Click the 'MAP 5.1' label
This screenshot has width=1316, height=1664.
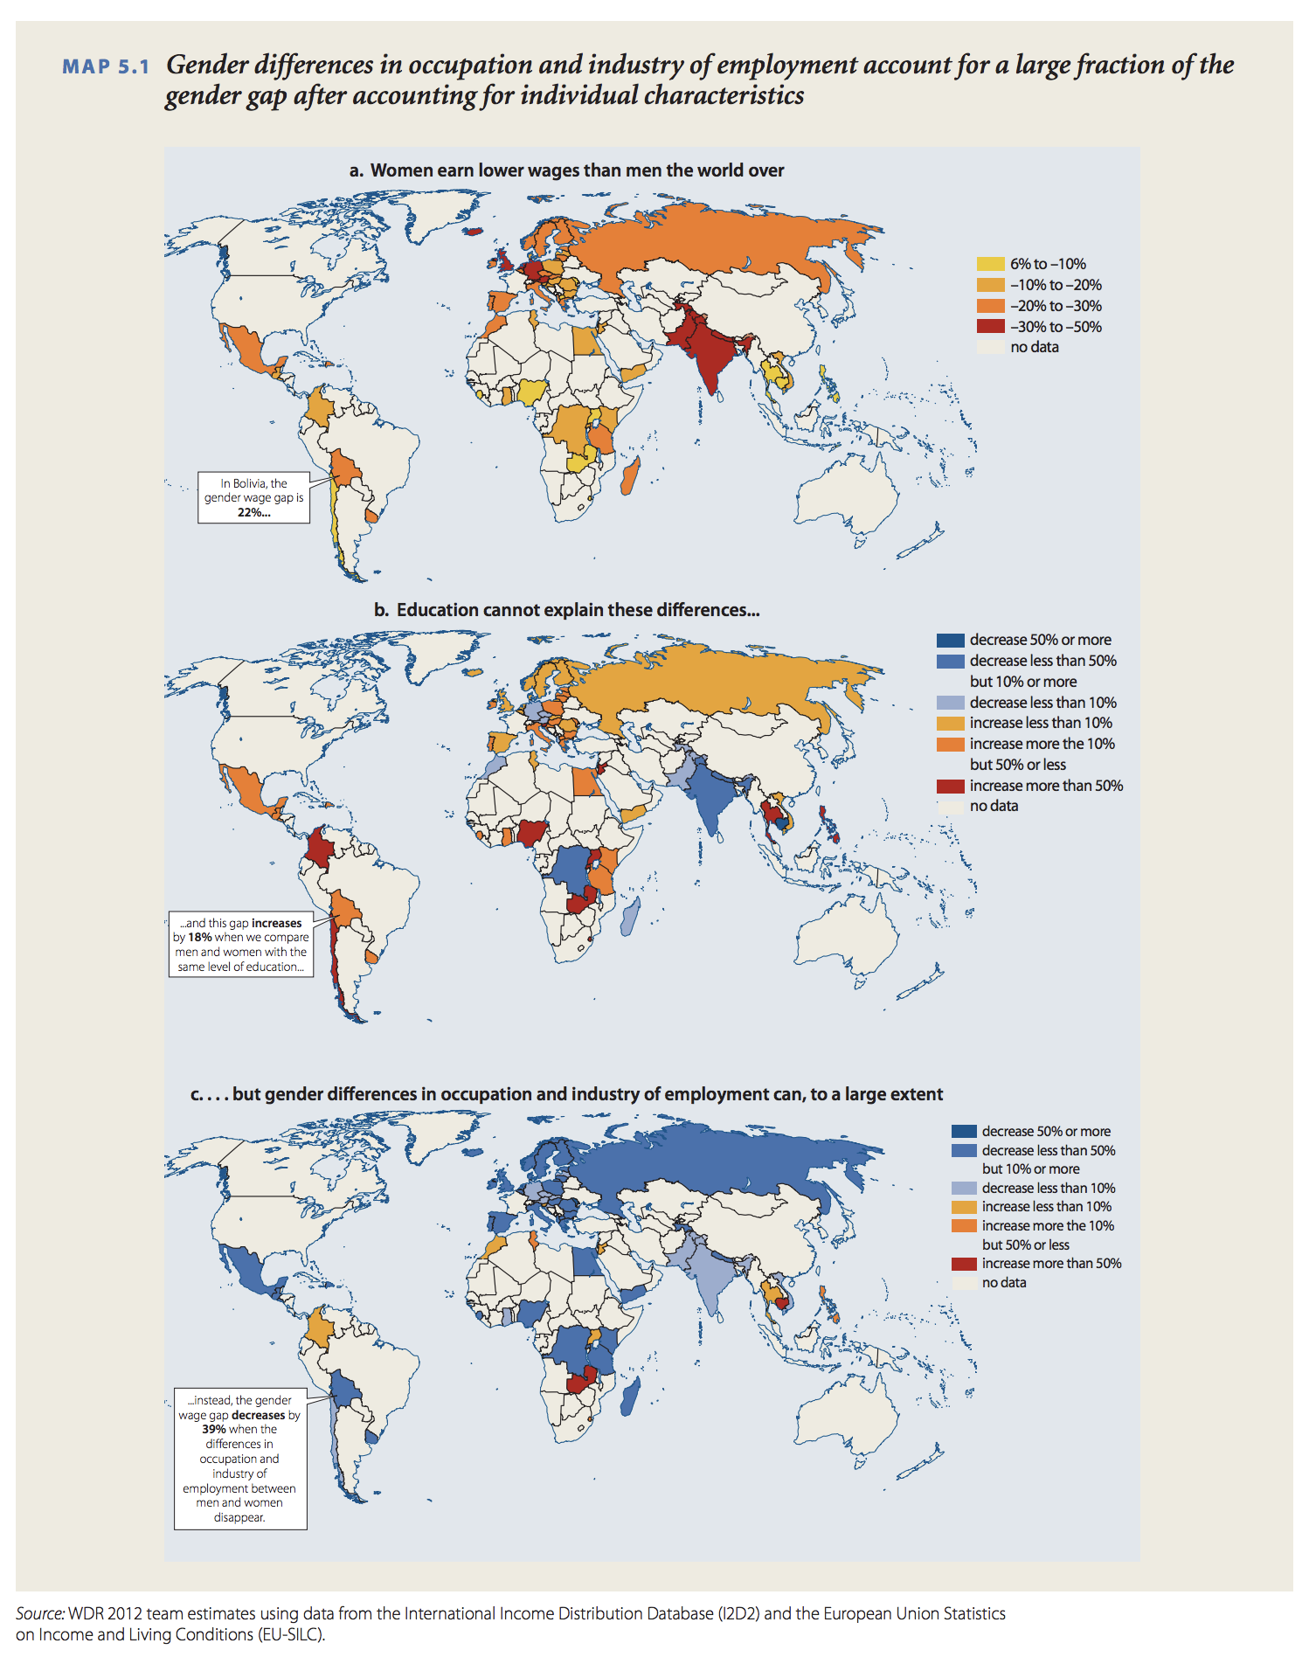tap(106, 67)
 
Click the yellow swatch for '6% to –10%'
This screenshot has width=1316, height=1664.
tap(990, 264)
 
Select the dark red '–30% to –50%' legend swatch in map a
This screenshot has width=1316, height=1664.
tap(990, 327)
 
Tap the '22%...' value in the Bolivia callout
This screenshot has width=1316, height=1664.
tap(253, 513)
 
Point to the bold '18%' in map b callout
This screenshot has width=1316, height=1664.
tap(199, 938)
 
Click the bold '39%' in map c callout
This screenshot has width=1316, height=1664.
tap(214, 1430)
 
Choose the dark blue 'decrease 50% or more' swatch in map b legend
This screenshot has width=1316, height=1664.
tap(950, 641)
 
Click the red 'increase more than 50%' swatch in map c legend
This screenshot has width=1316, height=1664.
tap(964, 1264)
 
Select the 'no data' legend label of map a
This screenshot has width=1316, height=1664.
tap(1035, 348)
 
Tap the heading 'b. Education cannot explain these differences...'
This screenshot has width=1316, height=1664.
tap(566, 610)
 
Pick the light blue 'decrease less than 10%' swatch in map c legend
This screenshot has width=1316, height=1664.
tap(964, 1189)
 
